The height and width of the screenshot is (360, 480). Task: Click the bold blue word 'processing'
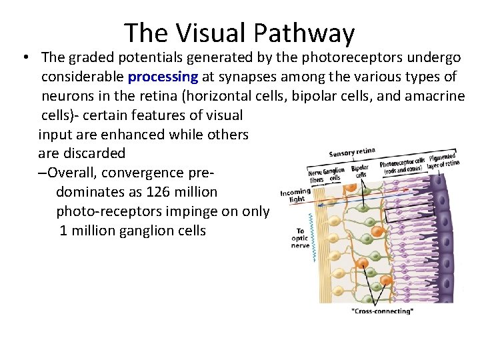165,77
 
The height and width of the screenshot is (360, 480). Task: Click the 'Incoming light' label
294,195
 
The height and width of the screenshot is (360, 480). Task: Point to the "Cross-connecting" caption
382,311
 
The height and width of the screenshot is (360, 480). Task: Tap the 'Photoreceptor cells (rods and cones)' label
402,165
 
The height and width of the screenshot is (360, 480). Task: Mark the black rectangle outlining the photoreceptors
411,213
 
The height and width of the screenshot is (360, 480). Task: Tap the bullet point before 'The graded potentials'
25,59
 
